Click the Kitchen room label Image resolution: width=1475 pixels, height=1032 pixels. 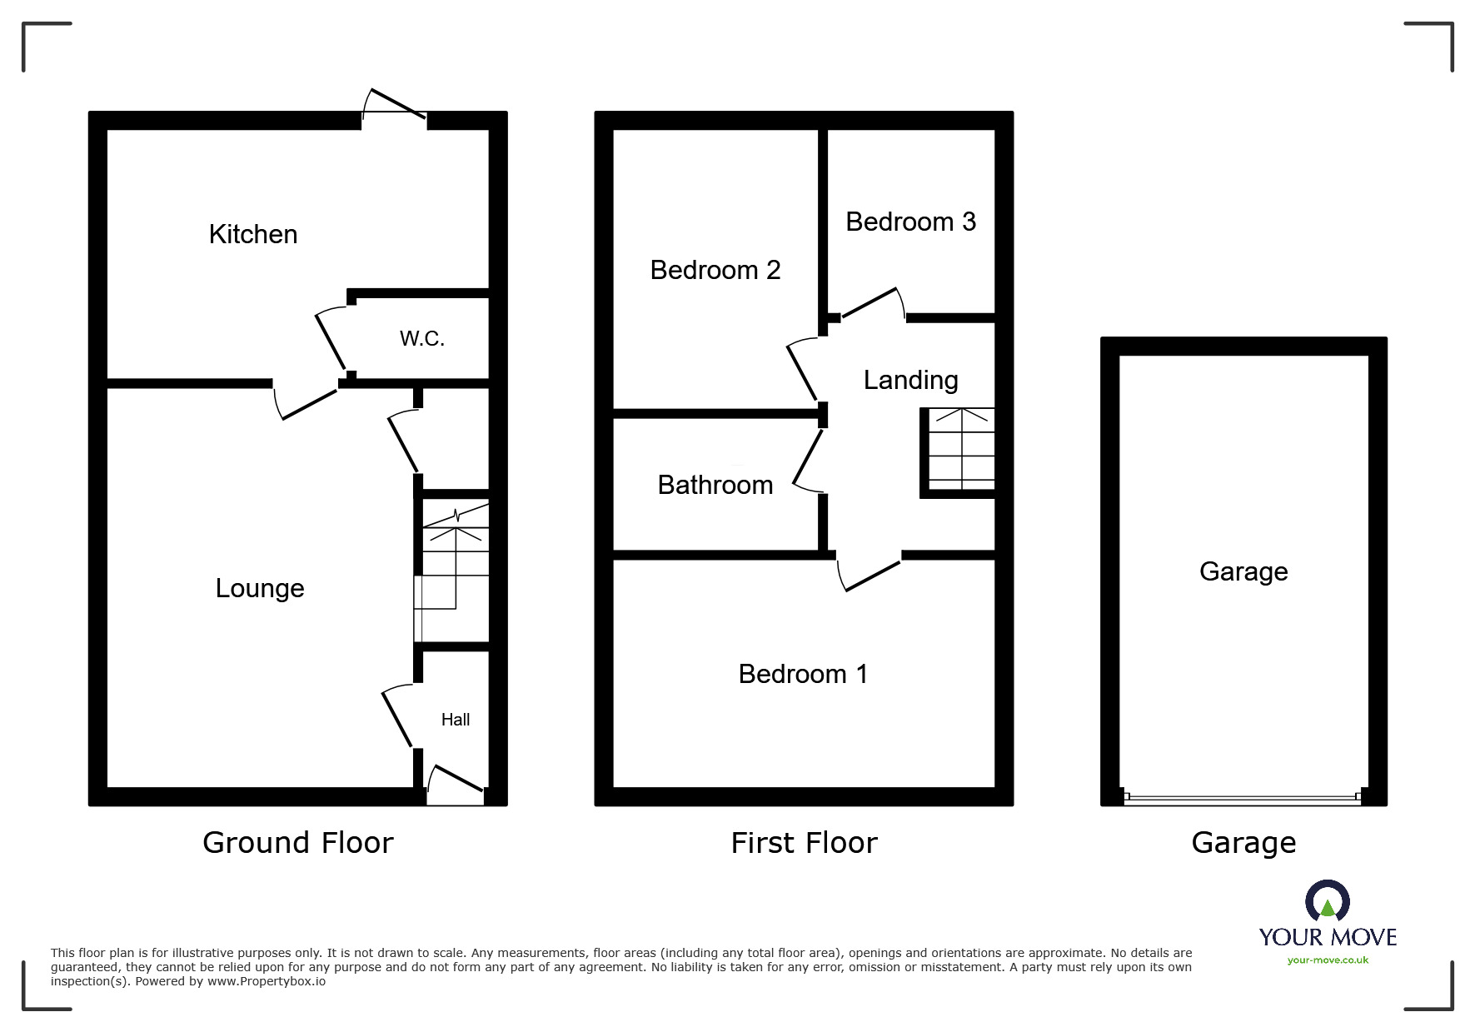coord(253,234)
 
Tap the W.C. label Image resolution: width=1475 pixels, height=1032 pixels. coord(422,338)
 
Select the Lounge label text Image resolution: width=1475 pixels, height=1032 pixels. coord(260,588)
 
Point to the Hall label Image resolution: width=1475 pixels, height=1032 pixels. coord(456,720)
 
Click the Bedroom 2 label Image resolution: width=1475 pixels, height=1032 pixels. coord(715,270)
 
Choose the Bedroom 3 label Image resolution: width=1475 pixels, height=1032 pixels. coord(910,222)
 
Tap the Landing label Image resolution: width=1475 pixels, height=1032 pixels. coord(910,380)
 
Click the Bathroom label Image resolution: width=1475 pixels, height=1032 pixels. coord(715,485)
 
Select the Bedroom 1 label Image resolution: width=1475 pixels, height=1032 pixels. coord(803,674)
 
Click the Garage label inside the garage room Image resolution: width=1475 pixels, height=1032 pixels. coord(1243,571)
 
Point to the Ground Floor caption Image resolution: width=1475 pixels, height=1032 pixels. coord(297,843)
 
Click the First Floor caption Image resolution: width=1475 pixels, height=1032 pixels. coord(804,843)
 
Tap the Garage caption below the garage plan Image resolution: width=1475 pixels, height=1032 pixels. coord(1243,843)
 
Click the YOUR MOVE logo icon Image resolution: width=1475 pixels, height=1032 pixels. coord(1327,902)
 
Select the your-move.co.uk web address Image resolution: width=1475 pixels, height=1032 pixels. coord(1328,960)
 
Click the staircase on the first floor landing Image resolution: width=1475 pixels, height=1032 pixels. coord(961,450)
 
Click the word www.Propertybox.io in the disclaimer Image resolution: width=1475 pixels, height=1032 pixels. coord(267,981)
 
